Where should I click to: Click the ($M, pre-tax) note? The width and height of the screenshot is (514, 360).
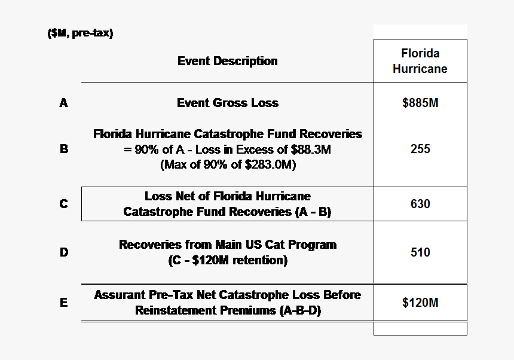pyautogui.click(x=80, y=33)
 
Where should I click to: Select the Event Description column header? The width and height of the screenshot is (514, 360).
pyautogui.click(x=227, y=61)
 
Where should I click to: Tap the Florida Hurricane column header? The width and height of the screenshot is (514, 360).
pyautogui.click(x=420, y=61)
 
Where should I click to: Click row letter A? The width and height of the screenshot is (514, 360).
pyautogui.click(x=64, y=103)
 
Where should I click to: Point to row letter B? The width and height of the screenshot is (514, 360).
pyautogui.click(x=64, y=149)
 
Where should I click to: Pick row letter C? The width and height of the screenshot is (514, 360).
pyautogui.click(x=64, y=204)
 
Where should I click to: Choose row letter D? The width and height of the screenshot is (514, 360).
pyautogui.click(x=64, y=252)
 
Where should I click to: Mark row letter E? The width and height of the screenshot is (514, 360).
pyautogui.click(x=64, y=303)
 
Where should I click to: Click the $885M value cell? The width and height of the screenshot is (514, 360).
pyautogui.click(x=420, y=103)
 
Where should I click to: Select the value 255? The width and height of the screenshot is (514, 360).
pyautogui.click(x=420, y=149)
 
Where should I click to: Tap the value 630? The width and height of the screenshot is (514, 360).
pyautogui.click(x=420, y=204)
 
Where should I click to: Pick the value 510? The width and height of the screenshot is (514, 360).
pyautogui.click(x=420, y=252)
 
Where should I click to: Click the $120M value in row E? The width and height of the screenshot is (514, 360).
pyautogui.click(x=420, y=303)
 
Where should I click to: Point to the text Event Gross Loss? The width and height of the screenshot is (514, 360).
pyautogui.click(x=227, y=103)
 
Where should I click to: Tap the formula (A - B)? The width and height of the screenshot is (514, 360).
pyautogui.click(x=310, y=212)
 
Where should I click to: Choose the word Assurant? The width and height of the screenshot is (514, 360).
pyautogui.click(x=119, y=295)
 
